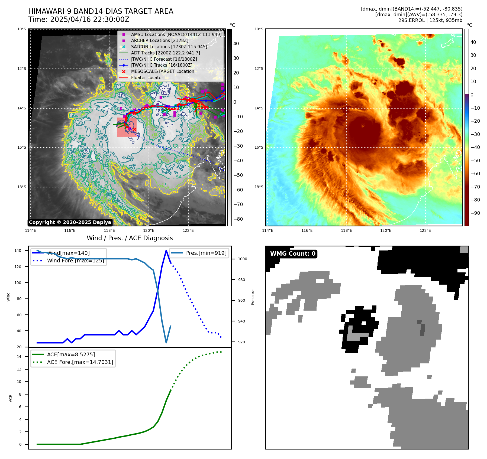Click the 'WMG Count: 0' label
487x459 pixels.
coord(293,254)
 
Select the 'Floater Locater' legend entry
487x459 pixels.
coord(147,78)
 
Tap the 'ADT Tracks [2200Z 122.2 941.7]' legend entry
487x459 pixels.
coord(165,53)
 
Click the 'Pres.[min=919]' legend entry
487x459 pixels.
coord(206,253)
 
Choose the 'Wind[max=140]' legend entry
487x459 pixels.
coord(68,253)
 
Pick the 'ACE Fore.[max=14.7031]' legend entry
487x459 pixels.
coord(80,362)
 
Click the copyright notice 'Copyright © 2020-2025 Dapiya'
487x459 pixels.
coord(70,222)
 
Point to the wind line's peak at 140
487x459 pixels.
coord(166,250)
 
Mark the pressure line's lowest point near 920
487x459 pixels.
coord(166,343)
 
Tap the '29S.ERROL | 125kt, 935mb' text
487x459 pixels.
coord(430,20)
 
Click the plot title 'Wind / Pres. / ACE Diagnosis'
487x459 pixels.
coord(130,238)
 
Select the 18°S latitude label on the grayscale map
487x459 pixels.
coord(22,187)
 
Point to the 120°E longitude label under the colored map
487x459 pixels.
coord(386,230)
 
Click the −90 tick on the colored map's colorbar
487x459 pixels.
coord(475,213)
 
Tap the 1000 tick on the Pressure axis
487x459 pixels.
coord(242,259)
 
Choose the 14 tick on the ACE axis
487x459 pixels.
coord(19,357)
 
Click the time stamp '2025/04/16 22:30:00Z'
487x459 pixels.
coord(90,20)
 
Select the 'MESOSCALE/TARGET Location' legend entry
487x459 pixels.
coord(162,71)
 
